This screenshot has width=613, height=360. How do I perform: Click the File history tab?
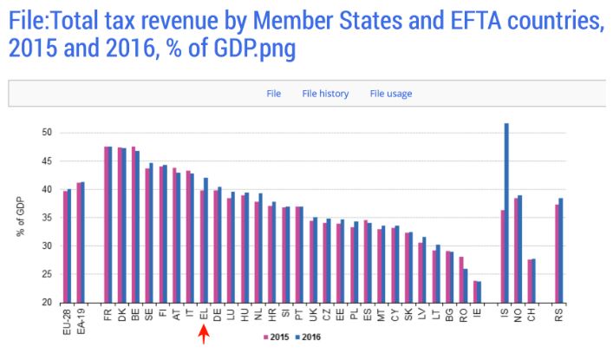pyautogui.click(x=325, y=94)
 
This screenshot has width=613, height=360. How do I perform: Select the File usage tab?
pyautogui.click(x=390, y=94)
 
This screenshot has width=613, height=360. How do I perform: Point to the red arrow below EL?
pyautogui.click(x=204, y=337)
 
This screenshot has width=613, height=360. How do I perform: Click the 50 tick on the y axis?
pyautogui.click(x=48, y=133)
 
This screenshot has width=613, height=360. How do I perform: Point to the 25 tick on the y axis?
pyautogui.click(x=48, y=274)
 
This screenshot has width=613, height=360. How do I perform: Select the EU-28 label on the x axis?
pyautogui.click(x=67, y=318)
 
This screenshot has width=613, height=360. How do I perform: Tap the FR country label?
pyautogui.click(x=108, y=314)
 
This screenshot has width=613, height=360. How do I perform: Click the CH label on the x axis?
pyautogui.click(x=531, y=314)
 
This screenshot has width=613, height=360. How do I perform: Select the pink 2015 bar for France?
pyautogui.click(x=106, y=225)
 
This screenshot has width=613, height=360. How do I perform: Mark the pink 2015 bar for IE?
pyautogui.click(x=475, y=291)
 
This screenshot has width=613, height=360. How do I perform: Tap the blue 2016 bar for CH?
pyautogui.click(x=533, y=280)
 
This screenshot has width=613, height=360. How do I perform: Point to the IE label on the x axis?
pyautogui.click(x=477, y=313)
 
